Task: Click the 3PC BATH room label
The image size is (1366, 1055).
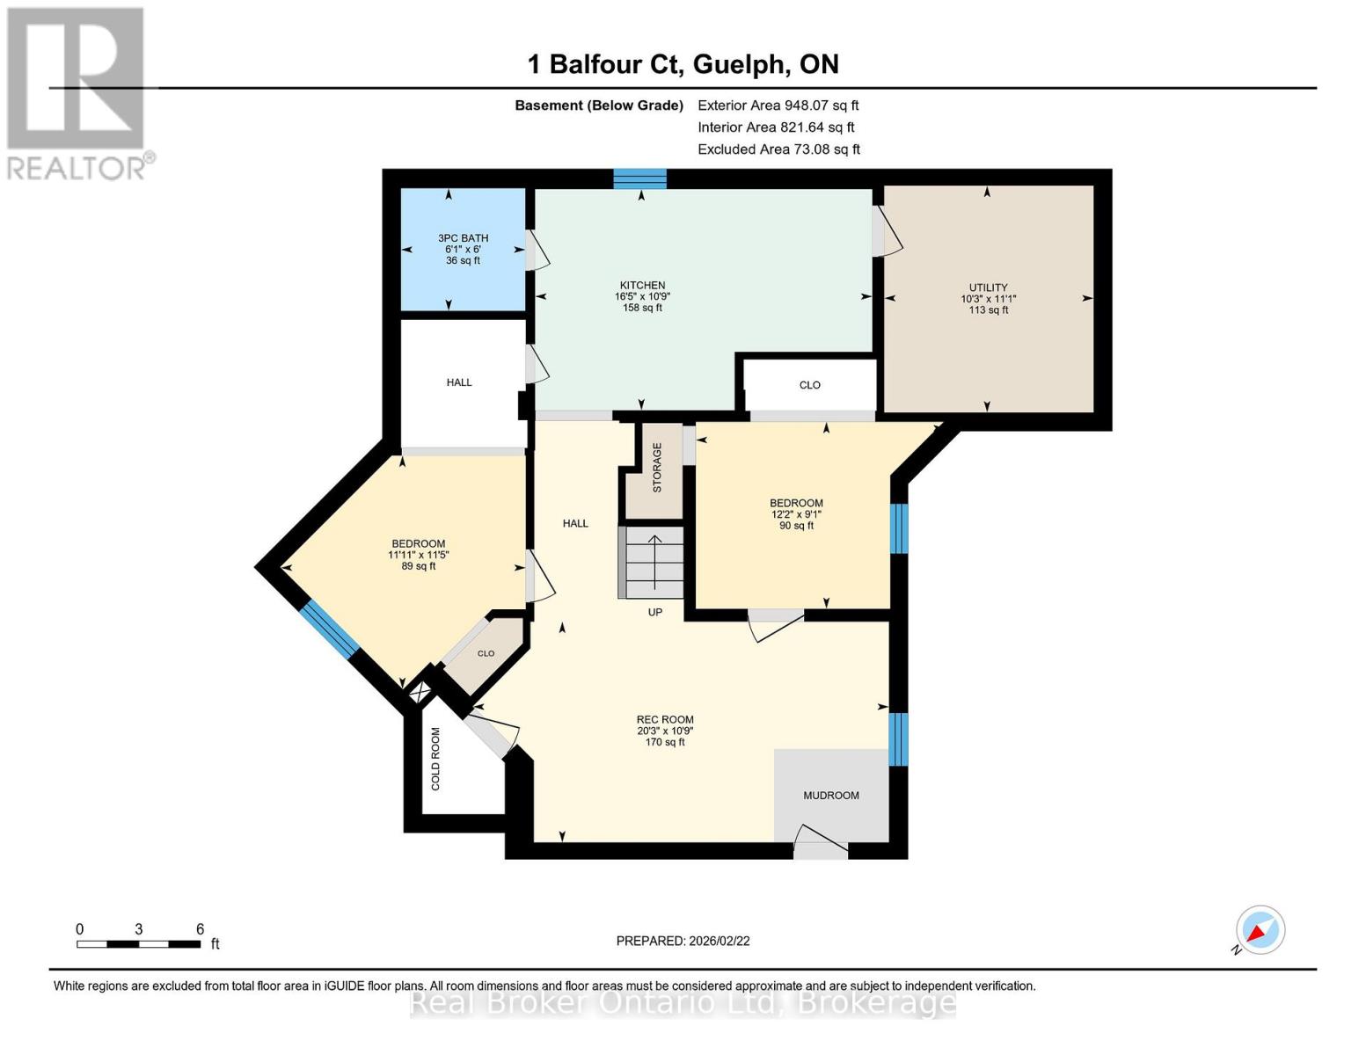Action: coord(463,238)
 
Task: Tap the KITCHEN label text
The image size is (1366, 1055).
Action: coord(642,286)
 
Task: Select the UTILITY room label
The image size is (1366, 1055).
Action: coord(988,287)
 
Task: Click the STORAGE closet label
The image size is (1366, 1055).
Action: coord(656,468)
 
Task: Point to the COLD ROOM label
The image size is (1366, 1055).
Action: coord(435,758)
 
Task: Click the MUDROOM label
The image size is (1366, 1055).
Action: coord(830,796)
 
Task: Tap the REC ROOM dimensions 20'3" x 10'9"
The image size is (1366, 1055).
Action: coord(665,731)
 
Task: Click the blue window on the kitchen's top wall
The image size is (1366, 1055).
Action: coord(639,179)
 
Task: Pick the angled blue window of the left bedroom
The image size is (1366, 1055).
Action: coord(329,629)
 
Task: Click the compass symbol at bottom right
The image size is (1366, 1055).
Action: coord(1260,930)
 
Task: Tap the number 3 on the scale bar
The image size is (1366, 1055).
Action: coord(139,929)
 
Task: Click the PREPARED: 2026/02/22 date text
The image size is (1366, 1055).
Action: coord(683,941)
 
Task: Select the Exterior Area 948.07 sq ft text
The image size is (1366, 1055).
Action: coord(778,105)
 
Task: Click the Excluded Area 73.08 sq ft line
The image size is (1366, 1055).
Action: coord(778,149)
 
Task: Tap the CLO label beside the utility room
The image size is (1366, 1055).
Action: coord(809,385)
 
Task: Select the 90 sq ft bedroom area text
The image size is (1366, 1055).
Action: coord(796,526)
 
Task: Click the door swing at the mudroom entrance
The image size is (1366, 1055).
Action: coord(820,840)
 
